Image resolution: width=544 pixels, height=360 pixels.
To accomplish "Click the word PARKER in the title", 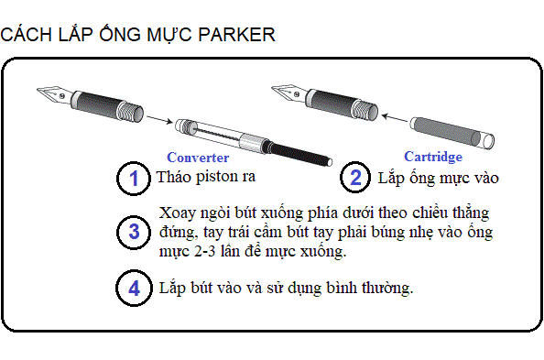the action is pos(236,35).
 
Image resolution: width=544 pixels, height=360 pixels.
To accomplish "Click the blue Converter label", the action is pos(198,158).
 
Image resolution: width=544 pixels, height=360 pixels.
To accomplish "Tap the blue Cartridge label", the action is pos(433,157).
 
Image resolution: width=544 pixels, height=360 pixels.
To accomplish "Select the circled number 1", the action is pos(134,178).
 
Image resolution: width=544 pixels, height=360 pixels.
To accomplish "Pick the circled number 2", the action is pos(355,178).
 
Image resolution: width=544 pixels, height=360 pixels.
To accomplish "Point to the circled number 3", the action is pos(134,232).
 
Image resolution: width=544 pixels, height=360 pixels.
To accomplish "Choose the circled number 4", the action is pos(134,289).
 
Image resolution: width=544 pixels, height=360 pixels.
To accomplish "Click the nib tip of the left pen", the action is pos(38,90).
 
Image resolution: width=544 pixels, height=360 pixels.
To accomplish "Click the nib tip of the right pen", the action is pos(272,88).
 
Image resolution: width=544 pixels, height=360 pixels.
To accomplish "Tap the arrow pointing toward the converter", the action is pos(159,119).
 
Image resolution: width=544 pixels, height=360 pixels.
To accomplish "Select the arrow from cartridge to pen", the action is pos(394,117).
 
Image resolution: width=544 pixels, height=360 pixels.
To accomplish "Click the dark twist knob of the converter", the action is pos(298,152).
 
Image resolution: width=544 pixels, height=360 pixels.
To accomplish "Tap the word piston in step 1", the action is pos(217,178).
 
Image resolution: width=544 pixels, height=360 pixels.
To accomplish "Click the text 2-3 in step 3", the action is pos(205,251).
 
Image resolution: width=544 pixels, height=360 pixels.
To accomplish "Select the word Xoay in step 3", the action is pos(178,213).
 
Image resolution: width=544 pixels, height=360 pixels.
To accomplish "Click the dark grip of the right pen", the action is pos(334,103).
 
